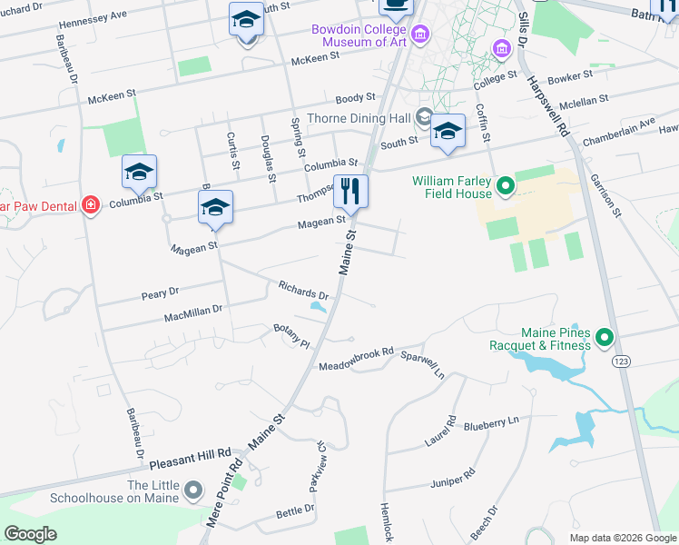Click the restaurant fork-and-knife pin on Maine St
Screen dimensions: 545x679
tap(350, 192)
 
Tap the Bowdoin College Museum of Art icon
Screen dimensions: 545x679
tap(420, 35)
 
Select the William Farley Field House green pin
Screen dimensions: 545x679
tap(505, 188)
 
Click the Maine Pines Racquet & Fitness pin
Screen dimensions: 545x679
tap(605, 339)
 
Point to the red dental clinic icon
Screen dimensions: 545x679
tap(90, 205)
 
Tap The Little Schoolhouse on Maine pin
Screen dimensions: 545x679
tap(192, 491)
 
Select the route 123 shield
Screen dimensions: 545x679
tap(621, 362)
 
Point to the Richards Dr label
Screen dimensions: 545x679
tap(303, 291)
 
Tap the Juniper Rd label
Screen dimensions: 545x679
tap(453, 478)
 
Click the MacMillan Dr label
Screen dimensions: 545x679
tap(192, 313)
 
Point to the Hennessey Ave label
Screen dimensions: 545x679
tap(93, 19)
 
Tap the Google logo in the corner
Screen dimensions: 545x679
tap(31, 534)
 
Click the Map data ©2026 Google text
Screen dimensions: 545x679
tap(623, 538)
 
